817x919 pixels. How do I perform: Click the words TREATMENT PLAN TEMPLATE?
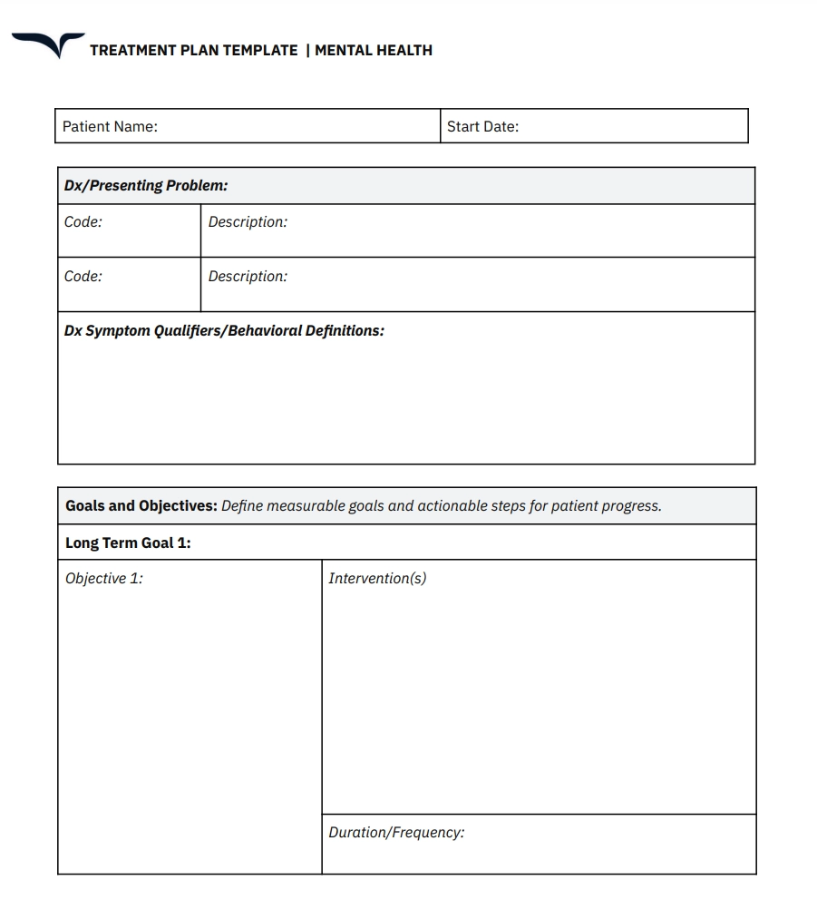[193, 51]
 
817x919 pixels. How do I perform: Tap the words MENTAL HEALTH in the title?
[374, 51]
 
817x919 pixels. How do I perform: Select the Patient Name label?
[110, 127]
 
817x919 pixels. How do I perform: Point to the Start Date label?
[482, 127]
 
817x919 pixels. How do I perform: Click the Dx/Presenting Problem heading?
[146, 186]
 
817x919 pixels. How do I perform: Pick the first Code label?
[83, 222]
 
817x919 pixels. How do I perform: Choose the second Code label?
[83, 277]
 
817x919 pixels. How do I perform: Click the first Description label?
[248, 222]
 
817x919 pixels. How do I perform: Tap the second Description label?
[248, 277]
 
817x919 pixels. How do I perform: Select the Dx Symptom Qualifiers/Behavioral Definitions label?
[224, 331]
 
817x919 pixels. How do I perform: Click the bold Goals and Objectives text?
[141, 506]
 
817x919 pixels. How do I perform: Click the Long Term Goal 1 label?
[128, 543]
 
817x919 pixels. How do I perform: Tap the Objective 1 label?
[103, 579]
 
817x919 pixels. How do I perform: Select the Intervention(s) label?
[377, 579]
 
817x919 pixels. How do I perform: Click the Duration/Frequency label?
[396, 833]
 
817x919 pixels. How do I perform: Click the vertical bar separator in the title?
[307, 51]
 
